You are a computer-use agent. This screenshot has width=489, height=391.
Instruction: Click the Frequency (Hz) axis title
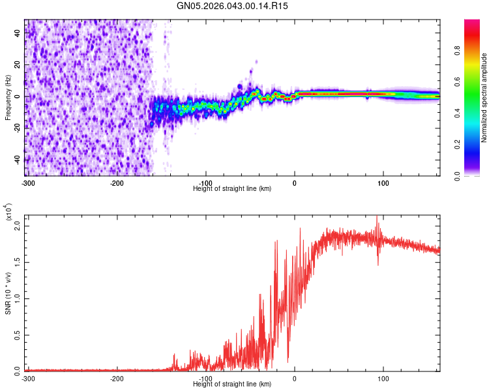[8, 98]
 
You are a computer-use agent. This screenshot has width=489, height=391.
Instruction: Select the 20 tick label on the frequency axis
[17, 65]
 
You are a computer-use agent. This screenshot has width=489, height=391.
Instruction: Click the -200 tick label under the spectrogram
[117, 182]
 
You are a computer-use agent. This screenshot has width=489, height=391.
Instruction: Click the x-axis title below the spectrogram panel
[232, 188]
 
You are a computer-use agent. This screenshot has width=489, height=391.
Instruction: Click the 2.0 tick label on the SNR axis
[17, 226]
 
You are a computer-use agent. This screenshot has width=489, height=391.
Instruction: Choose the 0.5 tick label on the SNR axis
[17, 335]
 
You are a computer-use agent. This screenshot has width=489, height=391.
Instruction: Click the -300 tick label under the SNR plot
[28, 378]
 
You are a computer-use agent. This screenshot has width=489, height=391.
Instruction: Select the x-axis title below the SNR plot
[232, 384]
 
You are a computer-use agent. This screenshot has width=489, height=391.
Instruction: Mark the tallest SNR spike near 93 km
[377, 217]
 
